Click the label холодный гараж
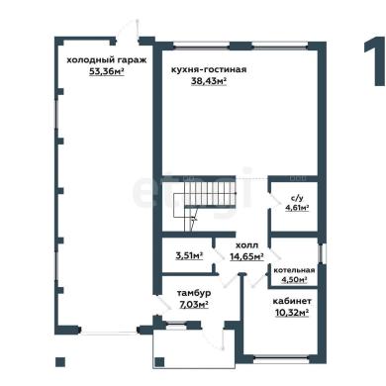point(107,60)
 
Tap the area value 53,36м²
point(107,71)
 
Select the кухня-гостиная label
point(209,70)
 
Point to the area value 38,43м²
point(209,81)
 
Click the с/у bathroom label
point(297,198)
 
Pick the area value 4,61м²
point(297,208)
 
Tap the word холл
point(246,245)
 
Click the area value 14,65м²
point(246,256)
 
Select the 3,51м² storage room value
point(189,255)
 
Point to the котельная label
point(294,270)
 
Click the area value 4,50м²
point(294,280)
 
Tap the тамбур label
point(194,293)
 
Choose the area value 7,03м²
point(194,304)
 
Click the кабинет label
point(292,301)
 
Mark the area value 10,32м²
point(292,312)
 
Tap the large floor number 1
point(375,61)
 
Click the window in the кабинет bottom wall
point(281,357)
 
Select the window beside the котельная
point(321,253)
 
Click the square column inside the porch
point(159,362)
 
